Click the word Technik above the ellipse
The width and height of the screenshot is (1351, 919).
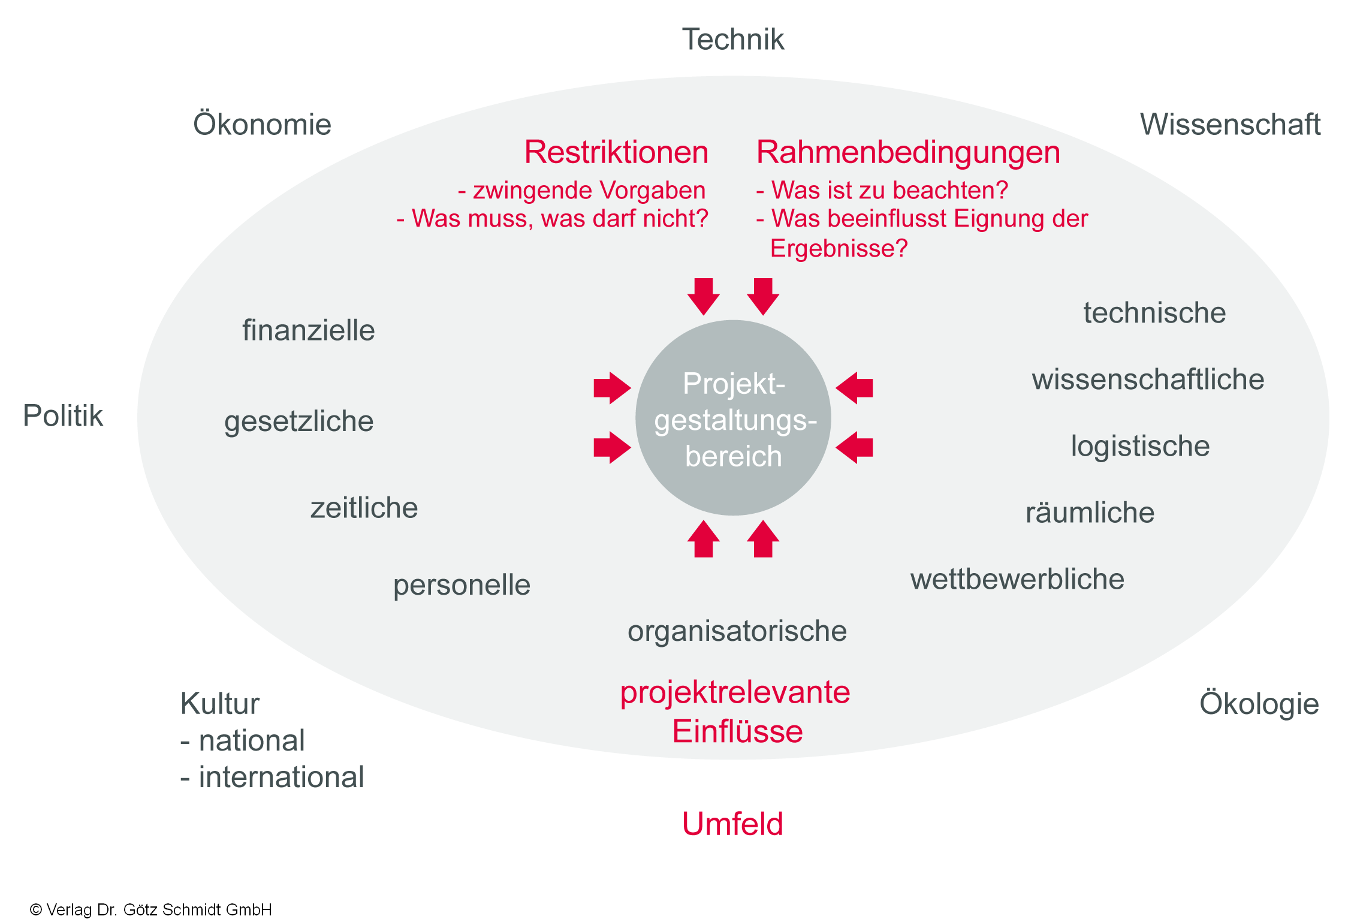[x=732, y=40]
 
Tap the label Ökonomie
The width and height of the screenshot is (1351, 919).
[x=262, y=125]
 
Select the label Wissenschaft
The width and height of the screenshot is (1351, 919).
[x=1229, y=125]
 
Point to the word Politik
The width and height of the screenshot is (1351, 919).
[x=63, y=416]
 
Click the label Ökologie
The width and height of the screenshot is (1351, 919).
[x=1259, y=704]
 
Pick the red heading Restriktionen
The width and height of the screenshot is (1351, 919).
[x=616, y=152]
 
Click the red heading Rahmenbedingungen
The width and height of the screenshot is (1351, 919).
[x=907, y=152]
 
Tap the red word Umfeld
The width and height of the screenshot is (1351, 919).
[x=732, y=824]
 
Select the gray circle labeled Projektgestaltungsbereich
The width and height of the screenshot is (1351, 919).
[x=732, y=418]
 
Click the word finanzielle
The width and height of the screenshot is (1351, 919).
[x=308, y=331]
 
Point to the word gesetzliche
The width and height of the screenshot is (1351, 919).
[x=298, y=421]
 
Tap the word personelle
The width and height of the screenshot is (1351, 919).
[x=462, y=585]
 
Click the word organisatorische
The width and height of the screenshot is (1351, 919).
[x=737, y=631]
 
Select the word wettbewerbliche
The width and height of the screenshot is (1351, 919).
[x=1017, y=580]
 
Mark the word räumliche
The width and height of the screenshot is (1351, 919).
[x=1090, y=513]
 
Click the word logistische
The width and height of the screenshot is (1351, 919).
[x=1140, y=447]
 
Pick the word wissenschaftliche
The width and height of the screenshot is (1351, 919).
[x=1147, y=380]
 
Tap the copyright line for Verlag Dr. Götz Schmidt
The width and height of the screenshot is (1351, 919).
[x=151, y=909]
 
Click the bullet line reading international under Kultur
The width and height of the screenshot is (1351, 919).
[x=273, y=778]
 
